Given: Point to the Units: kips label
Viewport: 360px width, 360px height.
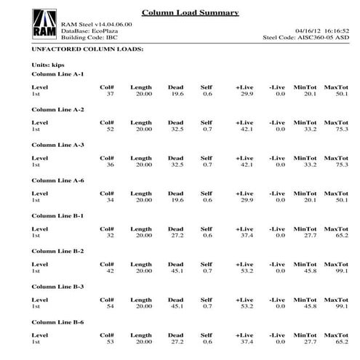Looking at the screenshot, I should click(x=47, y=65).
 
